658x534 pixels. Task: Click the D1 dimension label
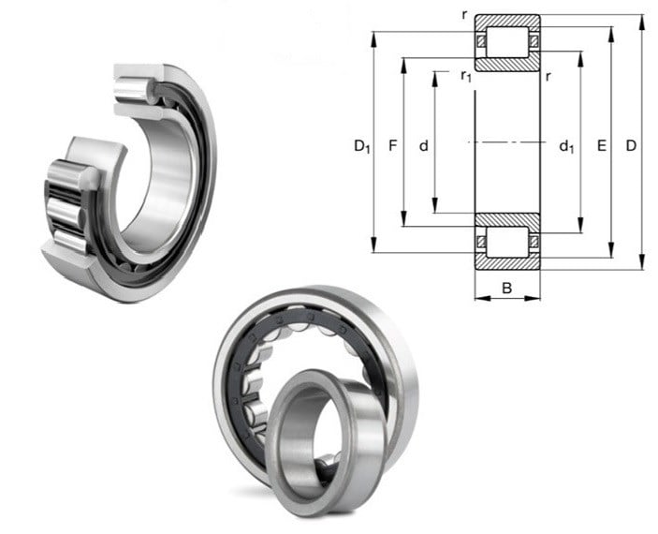(x=362, y=146)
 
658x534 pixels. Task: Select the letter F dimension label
(x=392, y=145)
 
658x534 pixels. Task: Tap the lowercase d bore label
(x=424, y=145)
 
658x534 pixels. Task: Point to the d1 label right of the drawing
(x=566, y=146)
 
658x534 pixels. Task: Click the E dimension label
(x=602, y=145)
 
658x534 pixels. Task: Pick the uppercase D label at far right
(x=631, y=145)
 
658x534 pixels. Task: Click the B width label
(x=507, y=289)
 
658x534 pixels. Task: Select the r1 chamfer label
(x=466, y=76)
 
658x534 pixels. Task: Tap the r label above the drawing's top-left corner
(x=464, y=15)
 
